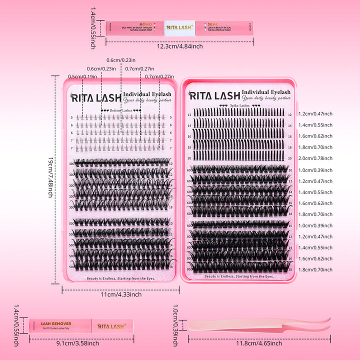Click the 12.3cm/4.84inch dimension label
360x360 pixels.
[x=179, y=46]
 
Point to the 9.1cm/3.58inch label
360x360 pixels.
[x=78, y=343]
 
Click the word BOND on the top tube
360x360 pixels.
[x=145, y=23]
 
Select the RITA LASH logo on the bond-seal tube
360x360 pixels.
[x=179, y=27]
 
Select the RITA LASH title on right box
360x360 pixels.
[x=214, y=95]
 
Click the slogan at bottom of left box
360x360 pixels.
[x=120, y=278]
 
